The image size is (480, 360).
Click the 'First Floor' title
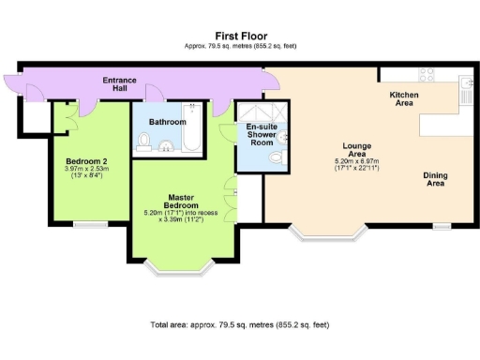coord(240,36)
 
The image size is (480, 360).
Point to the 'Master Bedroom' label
coord(180,202)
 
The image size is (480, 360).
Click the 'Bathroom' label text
coord(167,122)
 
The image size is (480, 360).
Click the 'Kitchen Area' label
coord(404,99)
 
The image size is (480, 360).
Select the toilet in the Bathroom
coord(143,142)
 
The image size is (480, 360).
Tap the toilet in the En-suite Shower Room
coord(276,158)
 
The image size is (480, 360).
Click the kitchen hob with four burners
coord(430,74)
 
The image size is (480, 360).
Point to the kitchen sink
coord(466,92)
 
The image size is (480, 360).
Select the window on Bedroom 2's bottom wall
coord(90,224)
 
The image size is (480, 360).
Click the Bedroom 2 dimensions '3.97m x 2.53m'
coord(87,170)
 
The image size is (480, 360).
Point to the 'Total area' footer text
coord(240,324)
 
